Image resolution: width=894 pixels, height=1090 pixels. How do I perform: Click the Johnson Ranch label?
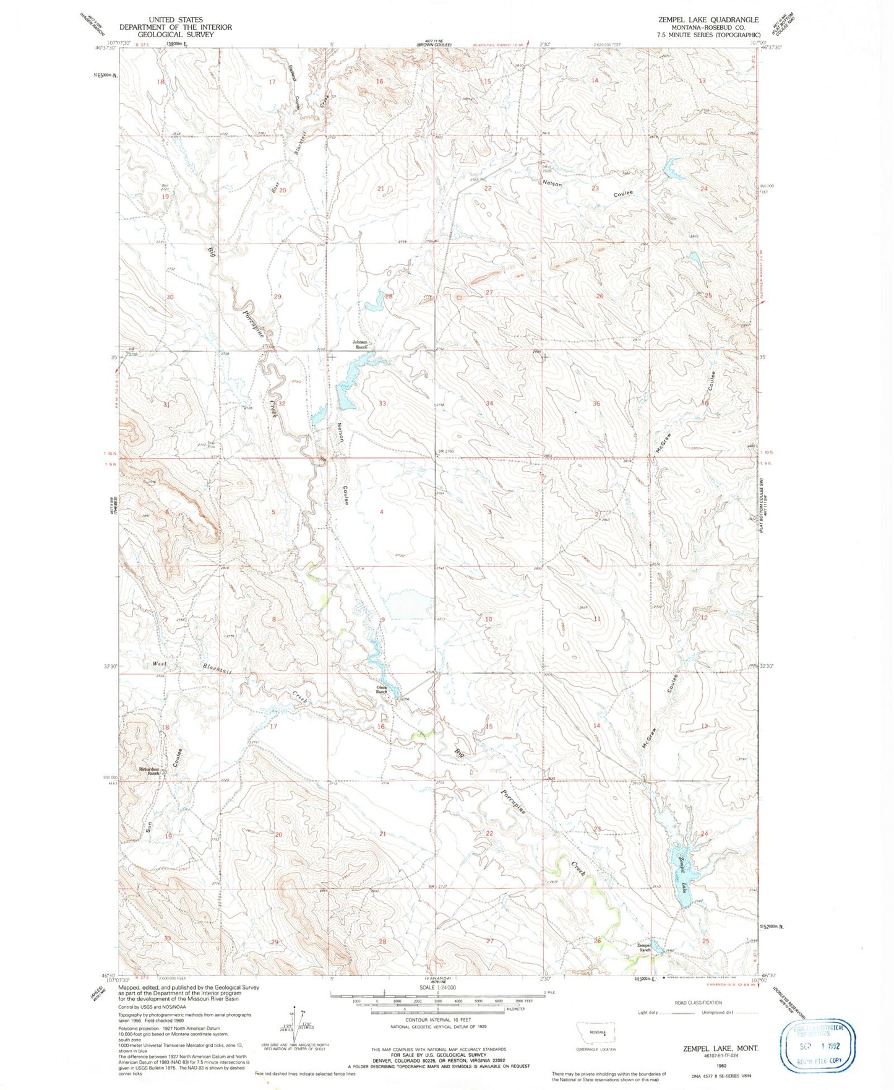pyautogui.click(x=360, y=344)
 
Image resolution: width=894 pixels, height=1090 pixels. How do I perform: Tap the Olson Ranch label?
pyautogui.click(x=382, y=689)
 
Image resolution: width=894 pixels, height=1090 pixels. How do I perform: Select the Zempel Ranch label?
pyautogui.click(x=645, y=947)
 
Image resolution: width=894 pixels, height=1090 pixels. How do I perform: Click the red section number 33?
pyautogui.click(x=382, y=404)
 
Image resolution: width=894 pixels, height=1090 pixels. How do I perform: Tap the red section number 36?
pyautogui.click(x=705, y=403)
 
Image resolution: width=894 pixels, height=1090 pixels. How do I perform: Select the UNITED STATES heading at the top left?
pyautogui.click(x=176, y=20)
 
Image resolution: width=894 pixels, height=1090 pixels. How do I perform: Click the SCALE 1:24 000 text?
pyautogui.click(x=437, y=988)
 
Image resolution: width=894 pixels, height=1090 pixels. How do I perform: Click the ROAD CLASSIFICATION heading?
pyautogui.click(x=698, y=1003)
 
